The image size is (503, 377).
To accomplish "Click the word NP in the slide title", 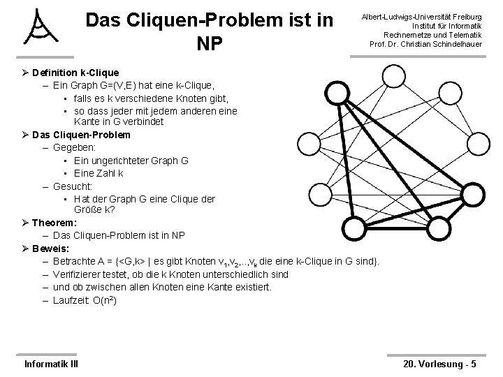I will point(209,45).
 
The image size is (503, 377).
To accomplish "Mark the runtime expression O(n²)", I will point(104,300).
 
